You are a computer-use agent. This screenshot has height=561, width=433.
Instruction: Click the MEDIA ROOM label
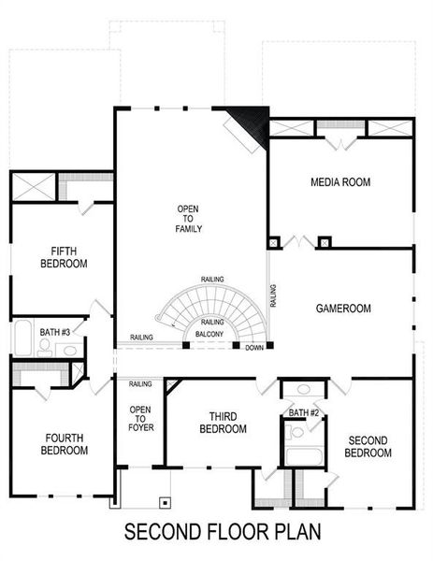click(x=340, y=182)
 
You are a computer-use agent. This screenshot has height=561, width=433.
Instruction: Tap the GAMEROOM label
click(x=343, y=308)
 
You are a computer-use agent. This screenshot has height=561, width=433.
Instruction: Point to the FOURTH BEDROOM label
click(x=64, y=443)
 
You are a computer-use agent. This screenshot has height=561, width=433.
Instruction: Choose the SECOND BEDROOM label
click(x=369, y=447)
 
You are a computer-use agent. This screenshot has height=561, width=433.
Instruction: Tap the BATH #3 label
click(x=55, y=331)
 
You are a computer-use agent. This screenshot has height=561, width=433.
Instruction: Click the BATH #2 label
click(x=304, y=412)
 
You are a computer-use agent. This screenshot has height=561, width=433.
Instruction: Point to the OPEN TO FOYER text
click(x=141, y=418)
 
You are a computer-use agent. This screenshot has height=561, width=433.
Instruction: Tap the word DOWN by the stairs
click(x=254, y=349)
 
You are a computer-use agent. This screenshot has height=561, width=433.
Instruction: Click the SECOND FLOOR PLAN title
click(x=223, y=532)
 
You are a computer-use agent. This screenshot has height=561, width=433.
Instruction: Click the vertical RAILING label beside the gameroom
click(x=273, y=295)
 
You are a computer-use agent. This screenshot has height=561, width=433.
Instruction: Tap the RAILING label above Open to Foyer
click(x=140, y=384)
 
